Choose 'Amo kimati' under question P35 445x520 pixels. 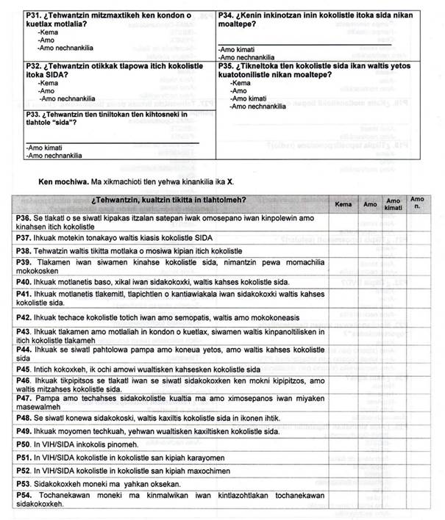tap(248, 98)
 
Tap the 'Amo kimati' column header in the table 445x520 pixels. tap(394, 203)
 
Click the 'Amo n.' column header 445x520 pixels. tap(417, 202)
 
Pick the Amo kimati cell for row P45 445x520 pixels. tap(394, 369)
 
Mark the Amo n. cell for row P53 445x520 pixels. tap(417, 483)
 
